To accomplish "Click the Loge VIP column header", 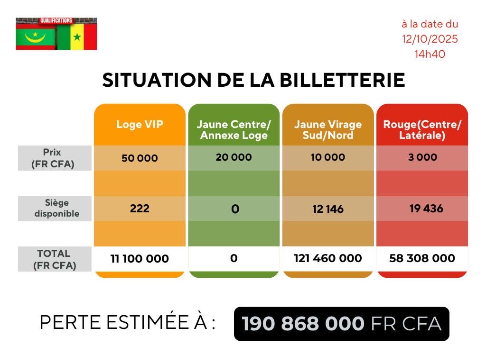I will [140, 125].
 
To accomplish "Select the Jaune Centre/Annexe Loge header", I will [234, 130].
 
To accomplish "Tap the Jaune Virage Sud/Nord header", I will [327, 130].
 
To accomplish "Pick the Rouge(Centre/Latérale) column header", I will [422, 130].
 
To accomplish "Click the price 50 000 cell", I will [140, 158].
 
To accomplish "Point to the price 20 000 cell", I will [234, 157].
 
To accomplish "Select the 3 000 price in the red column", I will [422, 157].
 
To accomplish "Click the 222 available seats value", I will [140, 209].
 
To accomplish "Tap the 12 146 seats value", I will [327, 209].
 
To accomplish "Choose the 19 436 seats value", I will [426, 209].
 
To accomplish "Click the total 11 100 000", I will [140, 259].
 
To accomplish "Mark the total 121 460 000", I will [327, 258].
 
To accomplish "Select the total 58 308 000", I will [422, 258].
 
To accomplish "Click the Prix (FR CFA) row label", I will [52, 158].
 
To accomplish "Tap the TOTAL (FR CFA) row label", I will [55, 259].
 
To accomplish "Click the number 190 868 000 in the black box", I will [303, 324].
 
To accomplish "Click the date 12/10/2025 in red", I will [430, 39].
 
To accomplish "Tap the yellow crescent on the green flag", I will [36, 38].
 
